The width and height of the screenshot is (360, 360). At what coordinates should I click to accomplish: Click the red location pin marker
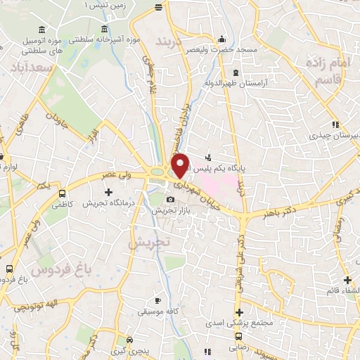tap(181, 165)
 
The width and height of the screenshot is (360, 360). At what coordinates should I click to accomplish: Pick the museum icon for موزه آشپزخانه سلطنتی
tap(105, 30)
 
